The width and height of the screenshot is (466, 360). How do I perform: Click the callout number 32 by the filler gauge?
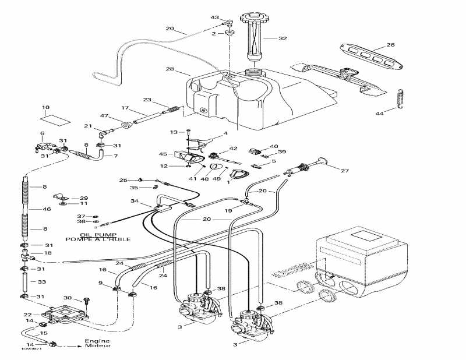283,39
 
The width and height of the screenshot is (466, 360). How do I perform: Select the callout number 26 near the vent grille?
390,44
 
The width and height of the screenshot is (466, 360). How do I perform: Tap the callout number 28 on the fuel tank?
170,69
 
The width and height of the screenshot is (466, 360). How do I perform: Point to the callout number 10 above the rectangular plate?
46,108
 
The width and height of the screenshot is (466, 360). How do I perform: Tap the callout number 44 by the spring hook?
380,112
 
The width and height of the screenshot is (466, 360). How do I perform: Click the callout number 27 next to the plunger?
344,171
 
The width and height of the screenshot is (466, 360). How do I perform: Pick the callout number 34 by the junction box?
135,201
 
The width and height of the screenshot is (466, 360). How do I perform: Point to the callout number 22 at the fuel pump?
27,315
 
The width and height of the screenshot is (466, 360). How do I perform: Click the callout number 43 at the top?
215,17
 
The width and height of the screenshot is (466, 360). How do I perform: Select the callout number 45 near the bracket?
163,154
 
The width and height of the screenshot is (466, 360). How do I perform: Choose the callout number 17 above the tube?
125,108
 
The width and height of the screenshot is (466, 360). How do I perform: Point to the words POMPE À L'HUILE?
98,240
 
